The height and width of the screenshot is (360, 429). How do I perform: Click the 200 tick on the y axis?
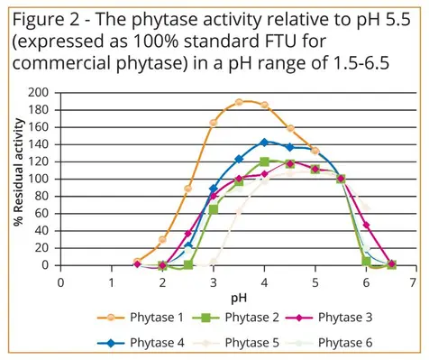(39, 92)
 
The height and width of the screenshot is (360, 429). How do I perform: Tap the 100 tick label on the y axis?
(39, 179)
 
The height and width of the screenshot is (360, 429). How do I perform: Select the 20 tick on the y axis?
(41, 248)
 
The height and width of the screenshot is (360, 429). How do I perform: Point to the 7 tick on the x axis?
(414, 282)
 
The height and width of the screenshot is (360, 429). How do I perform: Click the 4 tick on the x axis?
(263, 282)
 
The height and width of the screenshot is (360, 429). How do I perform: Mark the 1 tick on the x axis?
(112, 282)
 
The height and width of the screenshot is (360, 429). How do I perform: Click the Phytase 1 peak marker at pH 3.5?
(239, 102)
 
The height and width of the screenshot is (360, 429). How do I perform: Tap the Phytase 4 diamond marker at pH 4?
(264, 142)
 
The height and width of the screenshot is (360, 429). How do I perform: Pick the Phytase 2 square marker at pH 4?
(264, 162)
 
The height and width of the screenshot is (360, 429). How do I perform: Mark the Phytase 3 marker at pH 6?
(366, 226)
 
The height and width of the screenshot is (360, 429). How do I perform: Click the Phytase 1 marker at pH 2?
(162, 239)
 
